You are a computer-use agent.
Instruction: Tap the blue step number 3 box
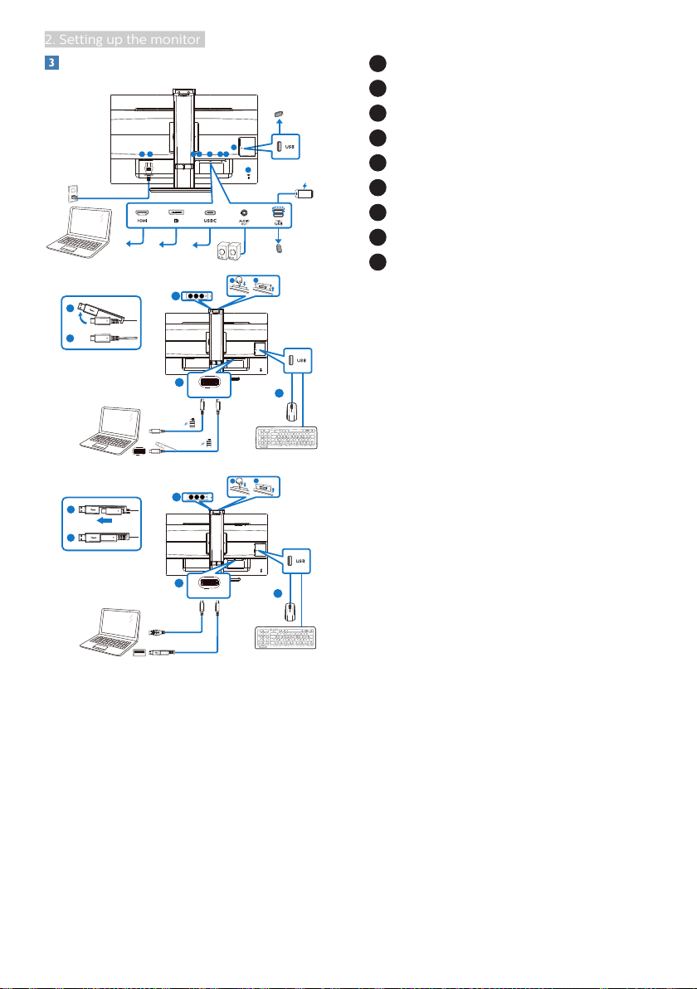pos(50,63)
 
